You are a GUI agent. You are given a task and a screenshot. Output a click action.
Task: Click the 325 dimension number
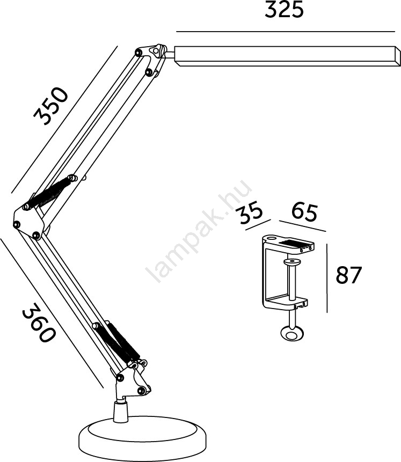coord(283,10)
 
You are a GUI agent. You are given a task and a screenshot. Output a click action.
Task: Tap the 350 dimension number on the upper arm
coord(50,106)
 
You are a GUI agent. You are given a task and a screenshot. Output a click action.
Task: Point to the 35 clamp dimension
coord(250,211)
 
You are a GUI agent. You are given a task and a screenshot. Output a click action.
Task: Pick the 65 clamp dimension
coord(305,212)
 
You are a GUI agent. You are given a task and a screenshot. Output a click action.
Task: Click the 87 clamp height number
coord(348,275)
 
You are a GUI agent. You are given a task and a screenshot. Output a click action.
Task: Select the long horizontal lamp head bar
coord(288,56)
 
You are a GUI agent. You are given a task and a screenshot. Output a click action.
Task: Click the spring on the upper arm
coord(49,193)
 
